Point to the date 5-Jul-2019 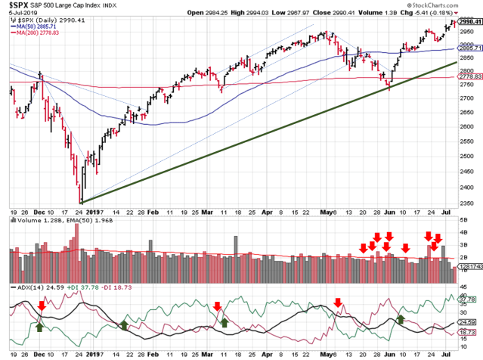click(x=18, y=14)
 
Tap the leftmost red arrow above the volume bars click(x=364, y=247)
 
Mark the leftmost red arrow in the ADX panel click(x=42, y=306)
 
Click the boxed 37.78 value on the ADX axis click(x=466, y=298)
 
